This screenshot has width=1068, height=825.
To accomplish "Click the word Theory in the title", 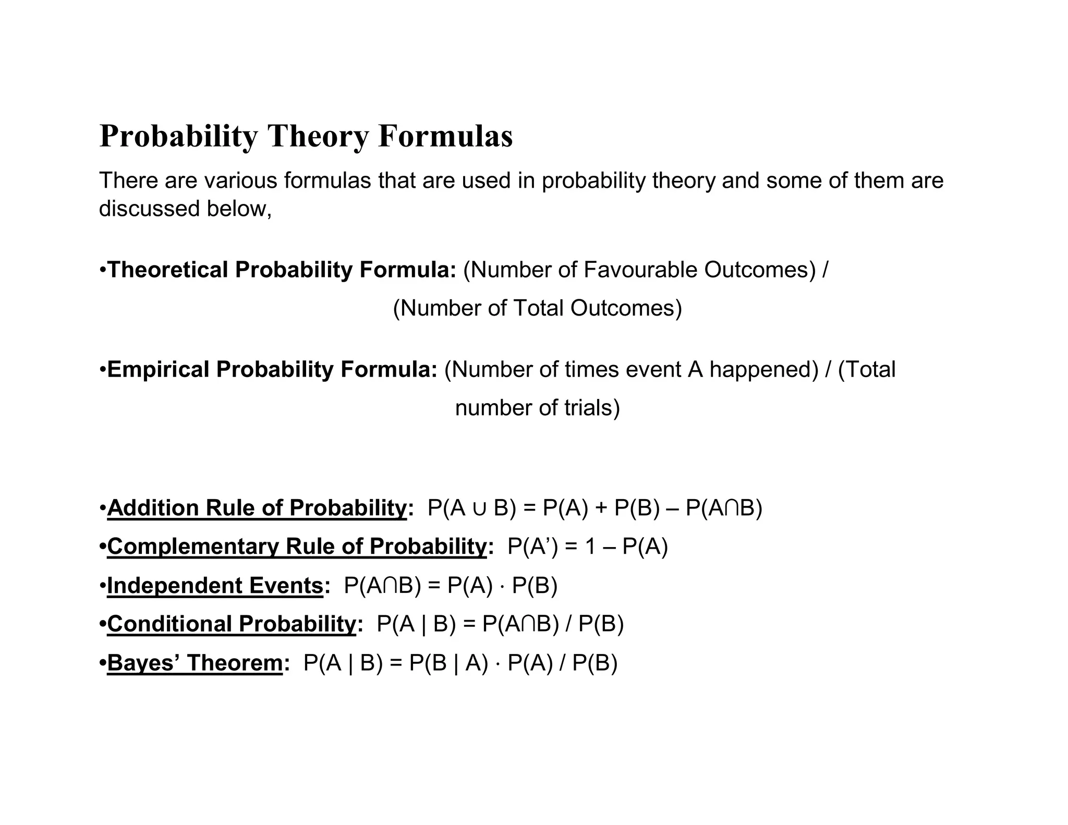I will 319,136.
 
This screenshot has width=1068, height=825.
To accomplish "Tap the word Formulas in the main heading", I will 445,136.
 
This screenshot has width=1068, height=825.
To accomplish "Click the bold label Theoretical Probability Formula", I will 282,270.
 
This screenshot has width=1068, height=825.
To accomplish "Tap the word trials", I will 586,408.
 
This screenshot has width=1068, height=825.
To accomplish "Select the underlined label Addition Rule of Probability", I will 257,508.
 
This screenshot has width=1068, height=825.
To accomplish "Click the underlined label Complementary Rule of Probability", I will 297,547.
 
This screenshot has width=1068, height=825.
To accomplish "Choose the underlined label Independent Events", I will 215,586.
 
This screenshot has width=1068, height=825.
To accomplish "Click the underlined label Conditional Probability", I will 232,624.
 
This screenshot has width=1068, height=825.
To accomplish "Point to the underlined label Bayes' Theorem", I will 195,663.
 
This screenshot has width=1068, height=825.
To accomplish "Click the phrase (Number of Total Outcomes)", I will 537,308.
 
